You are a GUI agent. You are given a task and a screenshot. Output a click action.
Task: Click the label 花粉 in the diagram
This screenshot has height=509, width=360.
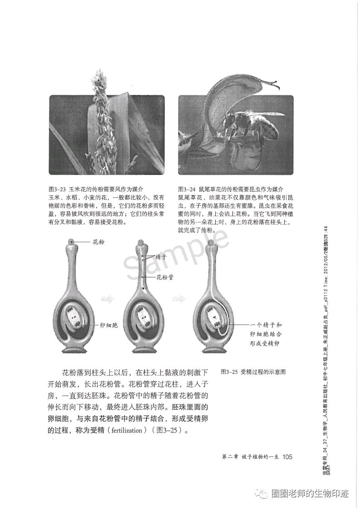(98, 242)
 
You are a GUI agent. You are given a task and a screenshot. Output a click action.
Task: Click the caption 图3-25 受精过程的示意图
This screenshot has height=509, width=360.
(253, 372)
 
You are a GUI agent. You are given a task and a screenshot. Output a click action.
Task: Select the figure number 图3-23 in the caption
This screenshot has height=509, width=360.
(58, 189)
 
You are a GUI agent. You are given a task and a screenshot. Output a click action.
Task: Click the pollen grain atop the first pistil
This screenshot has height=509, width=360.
(72, 241)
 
